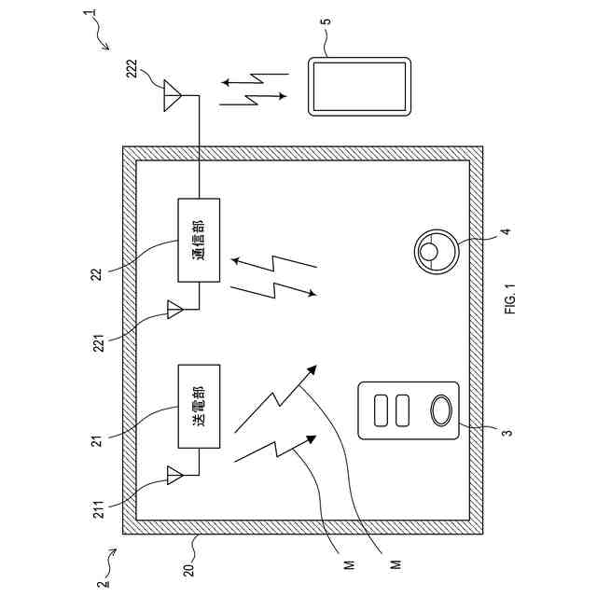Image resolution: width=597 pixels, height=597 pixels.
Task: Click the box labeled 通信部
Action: tap(199, 240)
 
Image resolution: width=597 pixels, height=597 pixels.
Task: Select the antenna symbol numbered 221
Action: tap(174, 309)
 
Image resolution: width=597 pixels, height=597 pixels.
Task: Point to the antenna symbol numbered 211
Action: tap(174, 476)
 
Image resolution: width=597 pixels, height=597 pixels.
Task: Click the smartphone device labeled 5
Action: tap(359, 88)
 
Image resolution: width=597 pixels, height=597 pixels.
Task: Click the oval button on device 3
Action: tap(438, 410)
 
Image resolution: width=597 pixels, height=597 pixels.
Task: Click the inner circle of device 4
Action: tap(429, 248)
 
